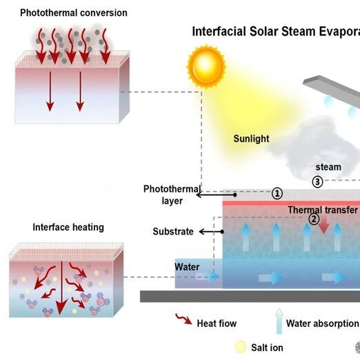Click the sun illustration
pyautogui.click(x=206, y=66)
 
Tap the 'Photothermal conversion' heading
pyautogui.click(x=74, y=13)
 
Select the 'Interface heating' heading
pyautogui.click(x=68, y=228)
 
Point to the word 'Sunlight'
pyautogui.click(x=251, y=139)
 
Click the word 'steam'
pyautogui.click(x=328, y=167)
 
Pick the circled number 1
pyautogui.click(x=277, y=193)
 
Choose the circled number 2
pyautogui.click(x=314, y=219)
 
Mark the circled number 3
pyautogui.click(x=317, y=182)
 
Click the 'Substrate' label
pyautogui.click(x=173, y=232)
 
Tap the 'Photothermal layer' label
pyautogui.click(x=172, y=194)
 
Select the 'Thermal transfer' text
pyautogui.click(x=323, y=210)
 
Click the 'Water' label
pyautogui.click(x=187, y=267)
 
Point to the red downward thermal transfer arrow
pyautogui.click(x=323, y=225)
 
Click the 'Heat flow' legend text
pyautogui.click(x=217, y=323)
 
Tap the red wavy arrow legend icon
pyautogui.click(x=183, y=319)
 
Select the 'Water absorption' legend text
pyautogui.click(x=322, y=323)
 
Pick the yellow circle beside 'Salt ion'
pyautogui.click(x=241, y=347)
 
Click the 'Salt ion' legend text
pyautogui.click(x=267, y=348)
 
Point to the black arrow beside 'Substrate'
pyautogui.click(x=211, y=232)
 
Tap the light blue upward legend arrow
pyautogui.click(x=279, y=321)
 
